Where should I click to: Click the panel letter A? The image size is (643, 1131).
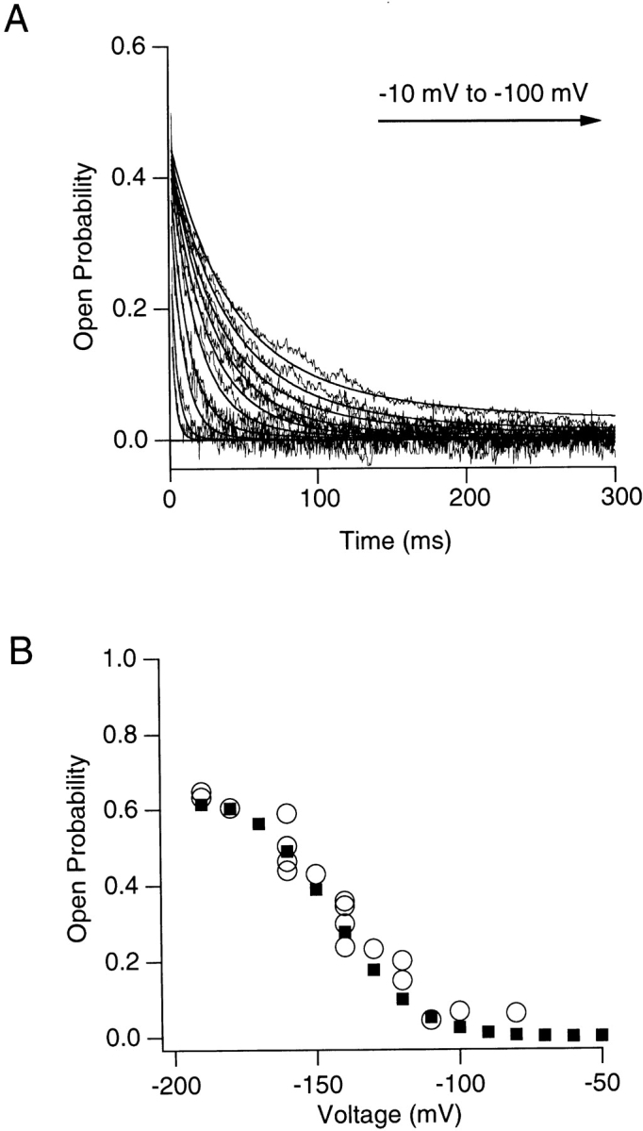pos(17,19)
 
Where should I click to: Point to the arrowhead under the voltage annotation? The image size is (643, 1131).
pos(592,121)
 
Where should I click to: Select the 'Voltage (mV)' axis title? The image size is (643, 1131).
pos(390,1115)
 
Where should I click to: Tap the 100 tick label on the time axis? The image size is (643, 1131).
pos(318,495)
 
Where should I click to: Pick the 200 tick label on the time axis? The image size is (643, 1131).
pos(467,495)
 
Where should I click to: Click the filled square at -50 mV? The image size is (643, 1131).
pos(602,1035)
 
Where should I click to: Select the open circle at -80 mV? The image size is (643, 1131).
pos(516,1012)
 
